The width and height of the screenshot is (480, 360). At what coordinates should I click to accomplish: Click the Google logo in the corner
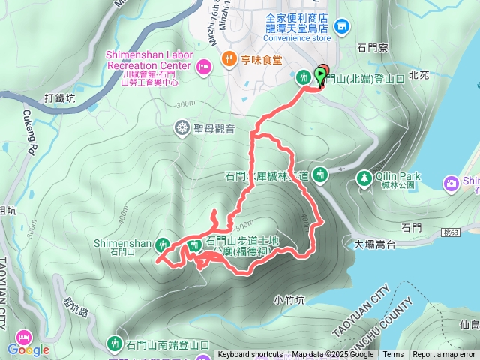click(x=28, y=349)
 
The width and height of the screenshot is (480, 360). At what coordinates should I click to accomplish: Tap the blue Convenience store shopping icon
click(x=343, y=26)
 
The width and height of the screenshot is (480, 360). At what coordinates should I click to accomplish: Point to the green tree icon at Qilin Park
click(x=364, y=178)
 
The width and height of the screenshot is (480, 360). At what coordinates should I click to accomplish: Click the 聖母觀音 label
click(x=214, y=128)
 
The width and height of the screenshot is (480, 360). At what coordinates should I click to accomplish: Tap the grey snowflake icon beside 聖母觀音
click(x=181, y=128)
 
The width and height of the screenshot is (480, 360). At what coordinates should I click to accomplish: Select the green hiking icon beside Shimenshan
click(x=163, y=243)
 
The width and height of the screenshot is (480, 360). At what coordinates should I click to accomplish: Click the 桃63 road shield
click(x=453, y=234)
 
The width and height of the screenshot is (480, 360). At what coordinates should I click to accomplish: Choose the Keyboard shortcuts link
click(x=250, y=355)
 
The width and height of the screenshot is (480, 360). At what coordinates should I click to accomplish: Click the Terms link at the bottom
click(x=393, y=355)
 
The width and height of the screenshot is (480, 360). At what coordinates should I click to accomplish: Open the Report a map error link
click(x=444, y=355)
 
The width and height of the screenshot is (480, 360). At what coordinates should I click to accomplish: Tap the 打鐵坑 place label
click(x=61, y=97)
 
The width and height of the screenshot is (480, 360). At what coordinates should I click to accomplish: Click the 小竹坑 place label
click(x=289, y=299)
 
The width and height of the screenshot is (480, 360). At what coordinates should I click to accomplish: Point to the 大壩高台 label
click(x=375, y=244)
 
